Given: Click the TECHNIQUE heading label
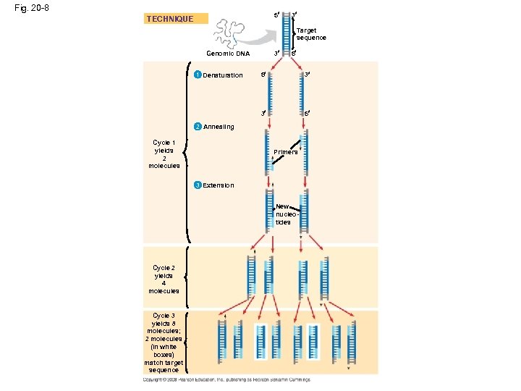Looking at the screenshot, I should pos(170,19).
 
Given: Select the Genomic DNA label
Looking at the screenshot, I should pos(228,54).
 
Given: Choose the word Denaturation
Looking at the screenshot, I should pos(223,75).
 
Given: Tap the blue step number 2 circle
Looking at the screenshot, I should pos(197,127).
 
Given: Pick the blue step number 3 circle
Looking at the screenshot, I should pos(197,185).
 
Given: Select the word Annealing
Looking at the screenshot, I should pos(219,127).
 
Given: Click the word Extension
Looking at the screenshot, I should pos(219,185).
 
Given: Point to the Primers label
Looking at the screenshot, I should pos(285,153).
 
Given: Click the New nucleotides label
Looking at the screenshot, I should pos(283,214).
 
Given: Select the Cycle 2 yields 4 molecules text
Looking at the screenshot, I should pos(164,279).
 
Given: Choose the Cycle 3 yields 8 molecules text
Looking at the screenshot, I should pos(164,342).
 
